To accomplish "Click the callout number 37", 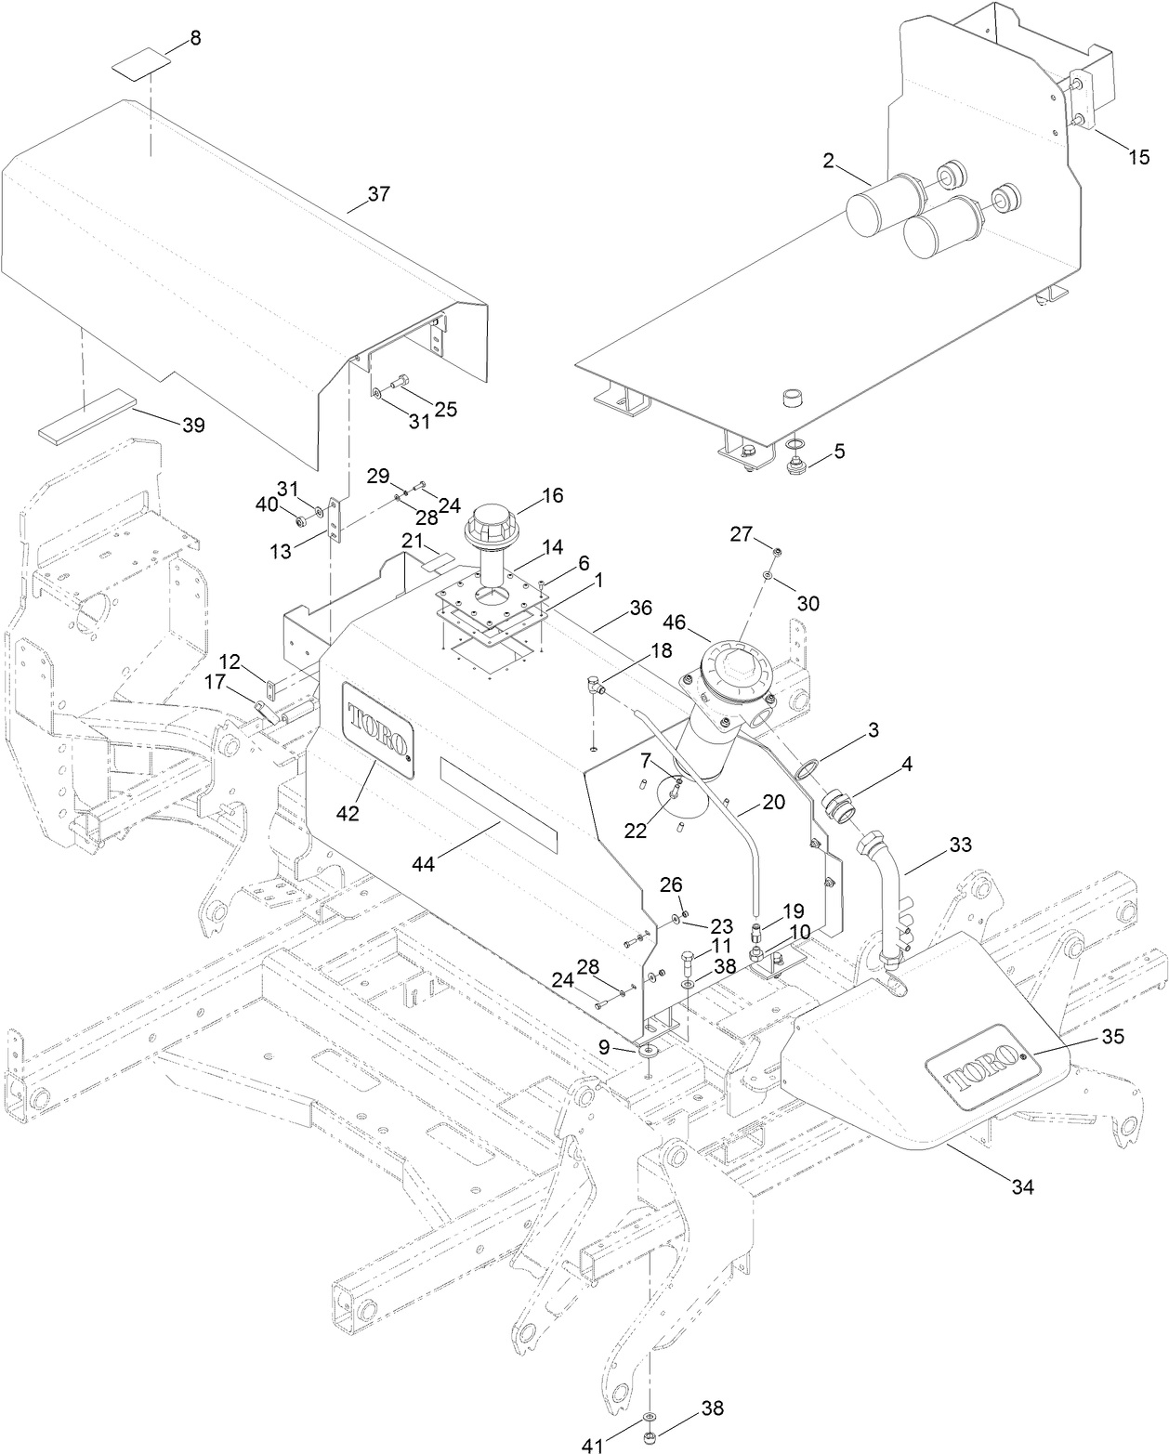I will pyautogui.click(x=378, y=194).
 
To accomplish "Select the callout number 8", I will pyautogui.click(x=194, y=39).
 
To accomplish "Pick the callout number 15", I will pyautogui.click(x=1138, y=157).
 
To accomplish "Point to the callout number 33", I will pyautogui.click(x=960, y=845).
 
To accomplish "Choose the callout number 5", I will pyautogui.click(x=839, y=452).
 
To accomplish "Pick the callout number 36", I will pyautogui.click(x=640, y=607).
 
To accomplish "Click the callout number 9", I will pyautogui.click(x=605, y=1046).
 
